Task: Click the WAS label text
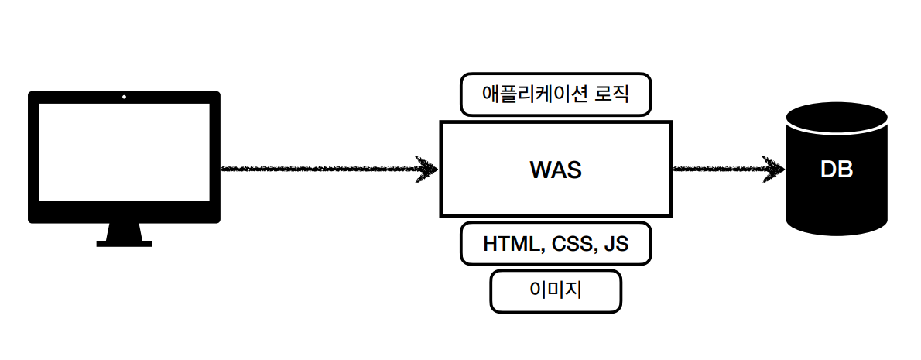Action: click(x=555, y=170)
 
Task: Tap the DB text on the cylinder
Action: click(x=837, y=170)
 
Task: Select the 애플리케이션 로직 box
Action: click(x=556, y=95)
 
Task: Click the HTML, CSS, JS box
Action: click(x=556, y=244)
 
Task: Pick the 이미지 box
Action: click(x=556, y=291)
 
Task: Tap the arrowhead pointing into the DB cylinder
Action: click(x=774, y=169)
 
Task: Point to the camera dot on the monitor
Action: click(x=124, y=98)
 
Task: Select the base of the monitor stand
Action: click(x=124, y=243)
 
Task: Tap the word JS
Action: click(x=616, y=244)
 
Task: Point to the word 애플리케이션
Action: click(x=534, y=95)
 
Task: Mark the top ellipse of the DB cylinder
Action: click(x=837, y=120)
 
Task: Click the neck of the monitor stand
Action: click(x=124, y=231)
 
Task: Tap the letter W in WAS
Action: click(x=539, y=170)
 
